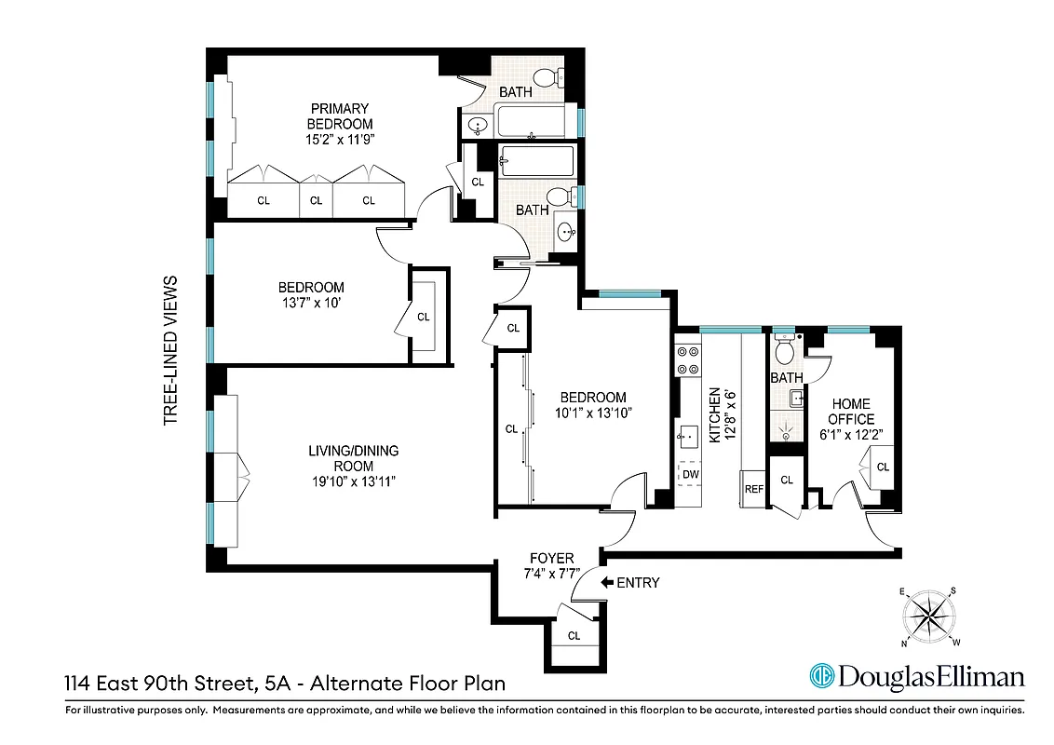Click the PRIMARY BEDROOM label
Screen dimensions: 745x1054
coord(340,116)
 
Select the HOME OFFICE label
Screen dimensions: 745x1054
coord(851,412)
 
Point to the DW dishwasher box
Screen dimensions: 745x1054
coord(690,474)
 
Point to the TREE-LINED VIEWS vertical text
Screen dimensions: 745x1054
coord(170,350)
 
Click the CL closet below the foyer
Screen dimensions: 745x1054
coord(574,636)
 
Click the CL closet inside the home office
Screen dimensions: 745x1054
coord(882,467)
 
